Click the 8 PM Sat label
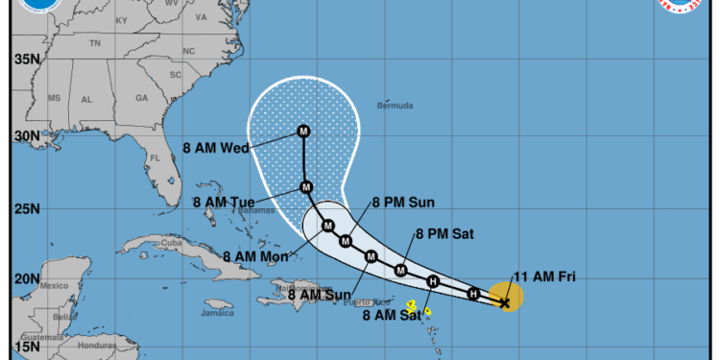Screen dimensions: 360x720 coord(444,233)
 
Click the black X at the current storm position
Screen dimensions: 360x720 coord(505,301)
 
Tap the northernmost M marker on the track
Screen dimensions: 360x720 coord(303,132)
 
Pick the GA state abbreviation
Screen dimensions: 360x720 coord(141,98)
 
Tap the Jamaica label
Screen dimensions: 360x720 coord(218,312)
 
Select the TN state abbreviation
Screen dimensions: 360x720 coord(95,44)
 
